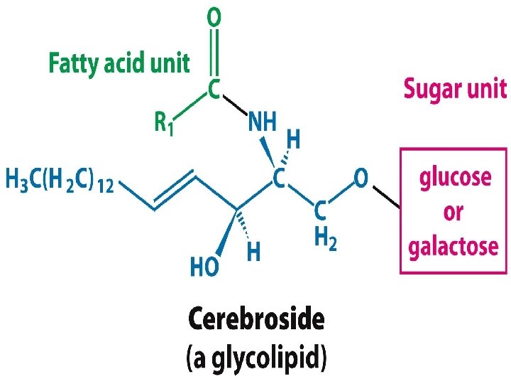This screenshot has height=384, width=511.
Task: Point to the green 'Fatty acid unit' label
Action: coord(119,63)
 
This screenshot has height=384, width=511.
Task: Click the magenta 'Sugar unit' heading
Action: coord(455,89)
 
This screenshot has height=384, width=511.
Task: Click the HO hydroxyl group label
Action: coord(206,266)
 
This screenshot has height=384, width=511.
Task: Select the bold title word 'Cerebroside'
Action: coord(255,321)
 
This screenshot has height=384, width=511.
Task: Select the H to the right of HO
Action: coord(254,250)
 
